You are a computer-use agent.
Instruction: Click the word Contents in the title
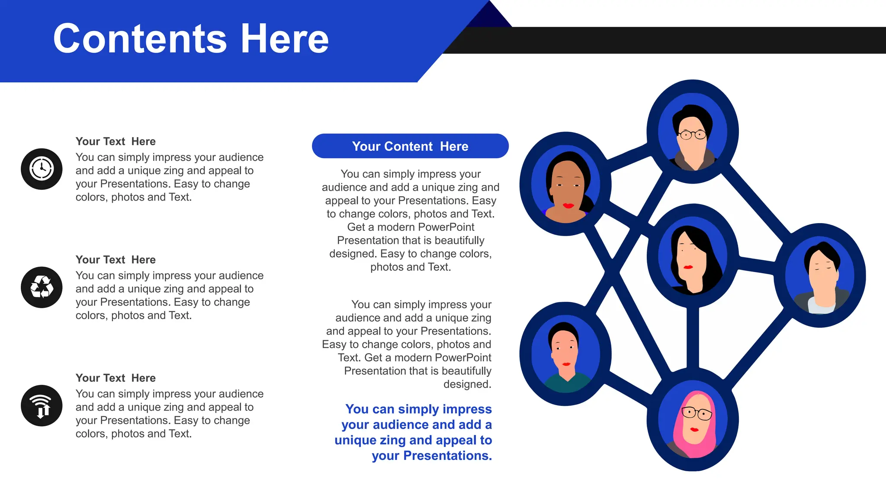(x=140, y=39)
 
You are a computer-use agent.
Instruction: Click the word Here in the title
(x=284, y=39)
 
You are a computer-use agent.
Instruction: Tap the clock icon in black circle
(x=42, y=169)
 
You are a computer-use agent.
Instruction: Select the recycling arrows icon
(x=42, y=287)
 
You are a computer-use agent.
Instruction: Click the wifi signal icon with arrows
(x=42, y=406)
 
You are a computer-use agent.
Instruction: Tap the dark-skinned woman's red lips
(x=568, y=205)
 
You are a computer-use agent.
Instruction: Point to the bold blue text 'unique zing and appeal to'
(x=413, y=440)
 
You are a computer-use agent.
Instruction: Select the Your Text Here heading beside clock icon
(x=116, y=141)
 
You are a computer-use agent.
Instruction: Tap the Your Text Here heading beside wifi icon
(x=116, y=378)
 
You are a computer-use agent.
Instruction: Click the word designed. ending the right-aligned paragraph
(x=467, y=384)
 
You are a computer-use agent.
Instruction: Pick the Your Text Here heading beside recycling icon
(x=116, y=260)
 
